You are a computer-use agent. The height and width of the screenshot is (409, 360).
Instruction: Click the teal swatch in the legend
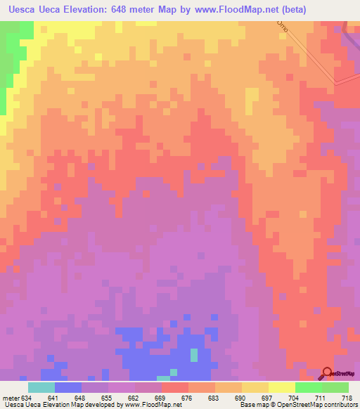[x=41, y=387]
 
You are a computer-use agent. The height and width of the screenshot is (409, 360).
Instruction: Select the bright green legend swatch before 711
[x=309, y=387]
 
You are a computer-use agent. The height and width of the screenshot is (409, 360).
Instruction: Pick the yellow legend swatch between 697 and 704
[x=282, y=387]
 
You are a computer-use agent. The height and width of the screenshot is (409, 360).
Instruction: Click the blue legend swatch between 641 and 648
[x=68, y=387]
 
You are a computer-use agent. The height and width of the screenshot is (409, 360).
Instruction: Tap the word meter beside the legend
[x=11, y=398]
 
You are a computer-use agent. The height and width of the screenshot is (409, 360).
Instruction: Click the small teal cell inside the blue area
[x=193, y=356]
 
